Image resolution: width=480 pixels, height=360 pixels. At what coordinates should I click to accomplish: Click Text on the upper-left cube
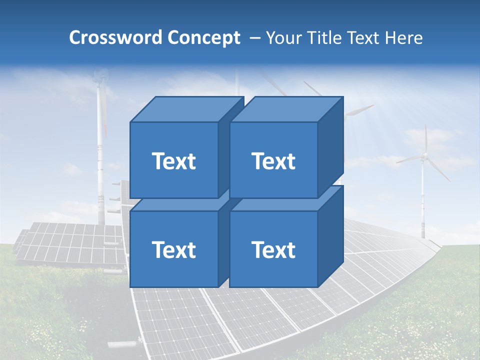pyautogui.click(x=173, y=161)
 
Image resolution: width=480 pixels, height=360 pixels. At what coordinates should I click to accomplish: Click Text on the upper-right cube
pyautogui.click(x=273, y=161)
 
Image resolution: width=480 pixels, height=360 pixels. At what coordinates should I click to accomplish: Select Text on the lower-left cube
pyautogui.click(x=173, y=249)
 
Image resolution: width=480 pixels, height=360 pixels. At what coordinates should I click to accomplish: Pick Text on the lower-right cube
pyautogui.click(x=273, y=249)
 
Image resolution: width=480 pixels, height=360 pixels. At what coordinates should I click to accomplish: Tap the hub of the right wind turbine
pyautogui.click(x=424, y=156)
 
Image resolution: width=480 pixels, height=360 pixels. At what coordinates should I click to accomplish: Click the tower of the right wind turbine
pyautogui.click(x=423, y=200)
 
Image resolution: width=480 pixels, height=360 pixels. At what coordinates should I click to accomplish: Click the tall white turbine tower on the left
pyautogui.click(x=101, y=150)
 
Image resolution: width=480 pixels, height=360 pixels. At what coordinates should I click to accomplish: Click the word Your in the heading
pyautogui.click(x=283, y=38)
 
